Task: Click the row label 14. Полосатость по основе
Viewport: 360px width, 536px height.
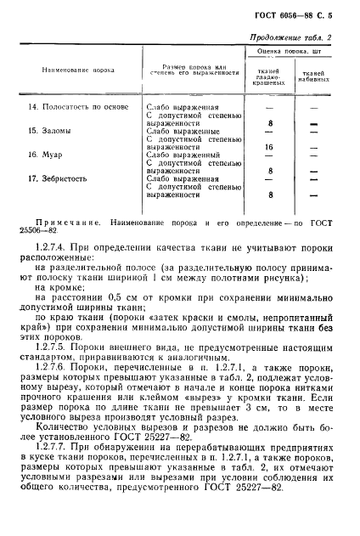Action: [x=74, y=108]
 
